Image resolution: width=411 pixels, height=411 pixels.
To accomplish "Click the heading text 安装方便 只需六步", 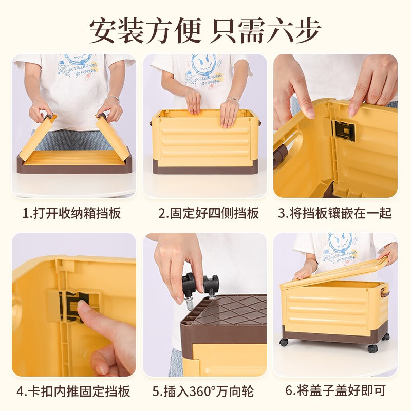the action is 205,31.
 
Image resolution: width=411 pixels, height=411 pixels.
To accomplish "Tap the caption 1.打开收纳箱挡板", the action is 71,213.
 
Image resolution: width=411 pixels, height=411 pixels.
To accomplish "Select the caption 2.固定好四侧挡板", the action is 209,213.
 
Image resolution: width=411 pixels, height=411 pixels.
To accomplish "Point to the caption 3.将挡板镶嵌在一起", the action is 335,213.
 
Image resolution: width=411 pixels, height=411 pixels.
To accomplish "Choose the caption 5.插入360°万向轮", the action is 203,391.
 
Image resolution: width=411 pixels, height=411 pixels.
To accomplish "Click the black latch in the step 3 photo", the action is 344,130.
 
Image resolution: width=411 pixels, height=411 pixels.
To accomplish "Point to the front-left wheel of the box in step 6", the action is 284,342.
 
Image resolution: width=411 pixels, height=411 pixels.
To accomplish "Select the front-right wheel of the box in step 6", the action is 372,348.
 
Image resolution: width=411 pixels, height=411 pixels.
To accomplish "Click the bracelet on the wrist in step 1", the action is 113,98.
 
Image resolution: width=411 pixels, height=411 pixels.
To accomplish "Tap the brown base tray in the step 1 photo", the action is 74,164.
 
